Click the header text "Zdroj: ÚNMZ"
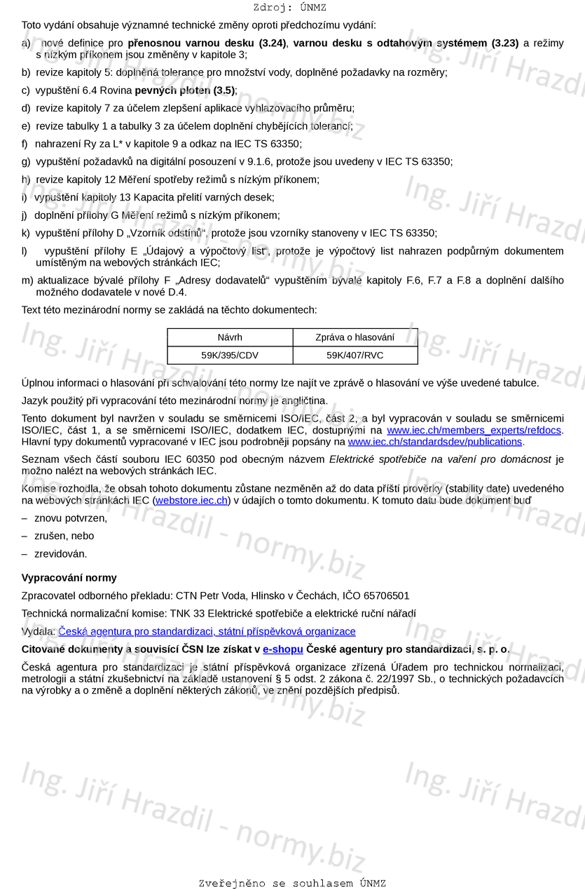(x=290, y=8)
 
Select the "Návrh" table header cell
(x=230, y=337)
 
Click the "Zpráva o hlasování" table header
(x=355, y=337)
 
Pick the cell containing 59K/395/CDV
(x=230, y=355)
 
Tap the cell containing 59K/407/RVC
(x=355, y=355)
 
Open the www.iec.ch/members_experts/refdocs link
(x=474, y=430)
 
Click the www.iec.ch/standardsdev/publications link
(x=434, y=442)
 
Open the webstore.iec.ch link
(x=191, y=500)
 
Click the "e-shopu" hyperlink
(x=282, y=649)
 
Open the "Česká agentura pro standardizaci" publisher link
(x=207, y=631)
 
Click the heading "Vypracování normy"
(x=69, y=578)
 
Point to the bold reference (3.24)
(x=273, y=43)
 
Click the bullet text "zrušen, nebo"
(x=64, y=536)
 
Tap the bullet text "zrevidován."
(x=61, y=553)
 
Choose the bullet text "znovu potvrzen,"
(x=71, y=518)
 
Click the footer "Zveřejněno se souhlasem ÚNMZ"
(x=292, y=883)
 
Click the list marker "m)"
(x=27, y=281)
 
